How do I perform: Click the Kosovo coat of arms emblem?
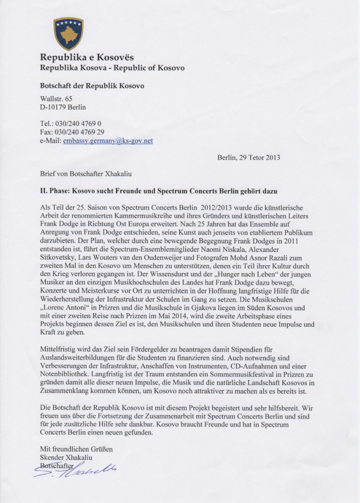click(68, 33)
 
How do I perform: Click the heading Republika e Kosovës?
click(86, 58)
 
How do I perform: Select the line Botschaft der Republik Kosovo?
click(92, 86)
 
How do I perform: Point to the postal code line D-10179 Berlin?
click(63, 107)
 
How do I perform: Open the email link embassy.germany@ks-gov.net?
click(108, 140)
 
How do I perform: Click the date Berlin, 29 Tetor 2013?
click(248, 157)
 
